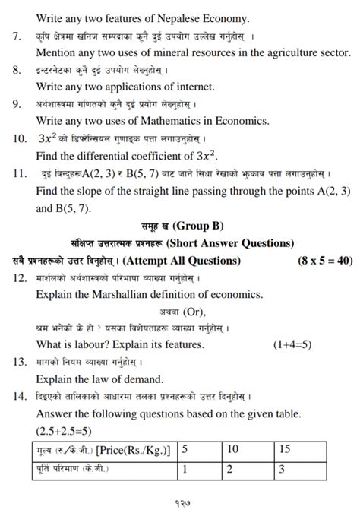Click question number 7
pyautogui.click(x=17, y=36)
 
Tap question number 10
pyautogui.click(x=20, y=139)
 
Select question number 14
pyautogui.click(x=20, y=396)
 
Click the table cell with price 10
pyautogui.click(x=233, y=449)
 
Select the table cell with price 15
pyautogui.click(x=283, y=449)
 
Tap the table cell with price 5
pyautogui.click(x=185, y=449)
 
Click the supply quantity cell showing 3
pyautogui.click(x=282, y=470)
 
